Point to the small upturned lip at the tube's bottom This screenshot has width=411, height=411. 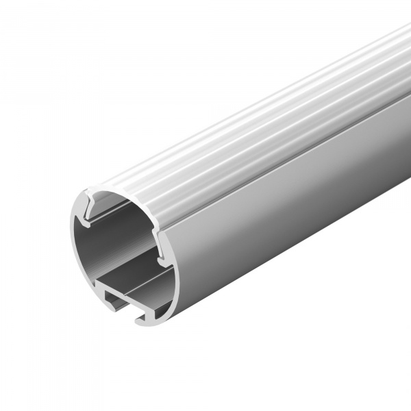click(140, 317)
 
